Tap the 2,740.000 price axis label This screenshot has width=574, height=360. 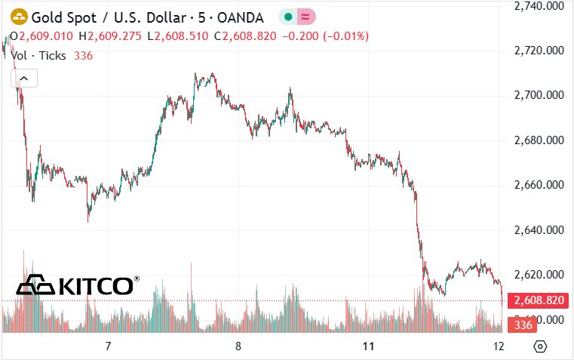pos(539,6)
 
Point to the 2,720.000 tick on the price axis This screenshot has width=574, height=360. pos(539,51)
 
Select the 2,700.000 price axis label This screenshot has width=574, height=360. pos(539,95)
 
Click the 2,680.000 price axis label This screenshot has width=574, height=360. pos(539,140)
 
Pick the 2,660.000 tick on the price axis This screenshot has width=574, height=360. pos(539,185)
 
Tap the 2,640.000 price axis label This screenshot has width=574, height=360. pos(539,229)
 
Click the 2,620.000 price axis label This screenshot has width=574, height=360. pos(539,274)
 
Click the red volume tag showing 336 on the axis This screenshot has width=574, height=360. pos(520,325)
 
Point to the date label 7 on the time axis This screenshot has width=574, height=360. pos(108,346)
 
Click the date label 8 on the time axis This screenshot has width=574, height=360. pos(238,346)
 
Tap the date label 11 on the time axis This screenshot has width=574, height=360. pos(368,346)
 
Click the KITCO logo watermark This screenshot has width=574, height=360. pos(78,285)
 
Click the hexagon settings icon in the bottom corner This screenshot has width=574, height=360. pos(540,346)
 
